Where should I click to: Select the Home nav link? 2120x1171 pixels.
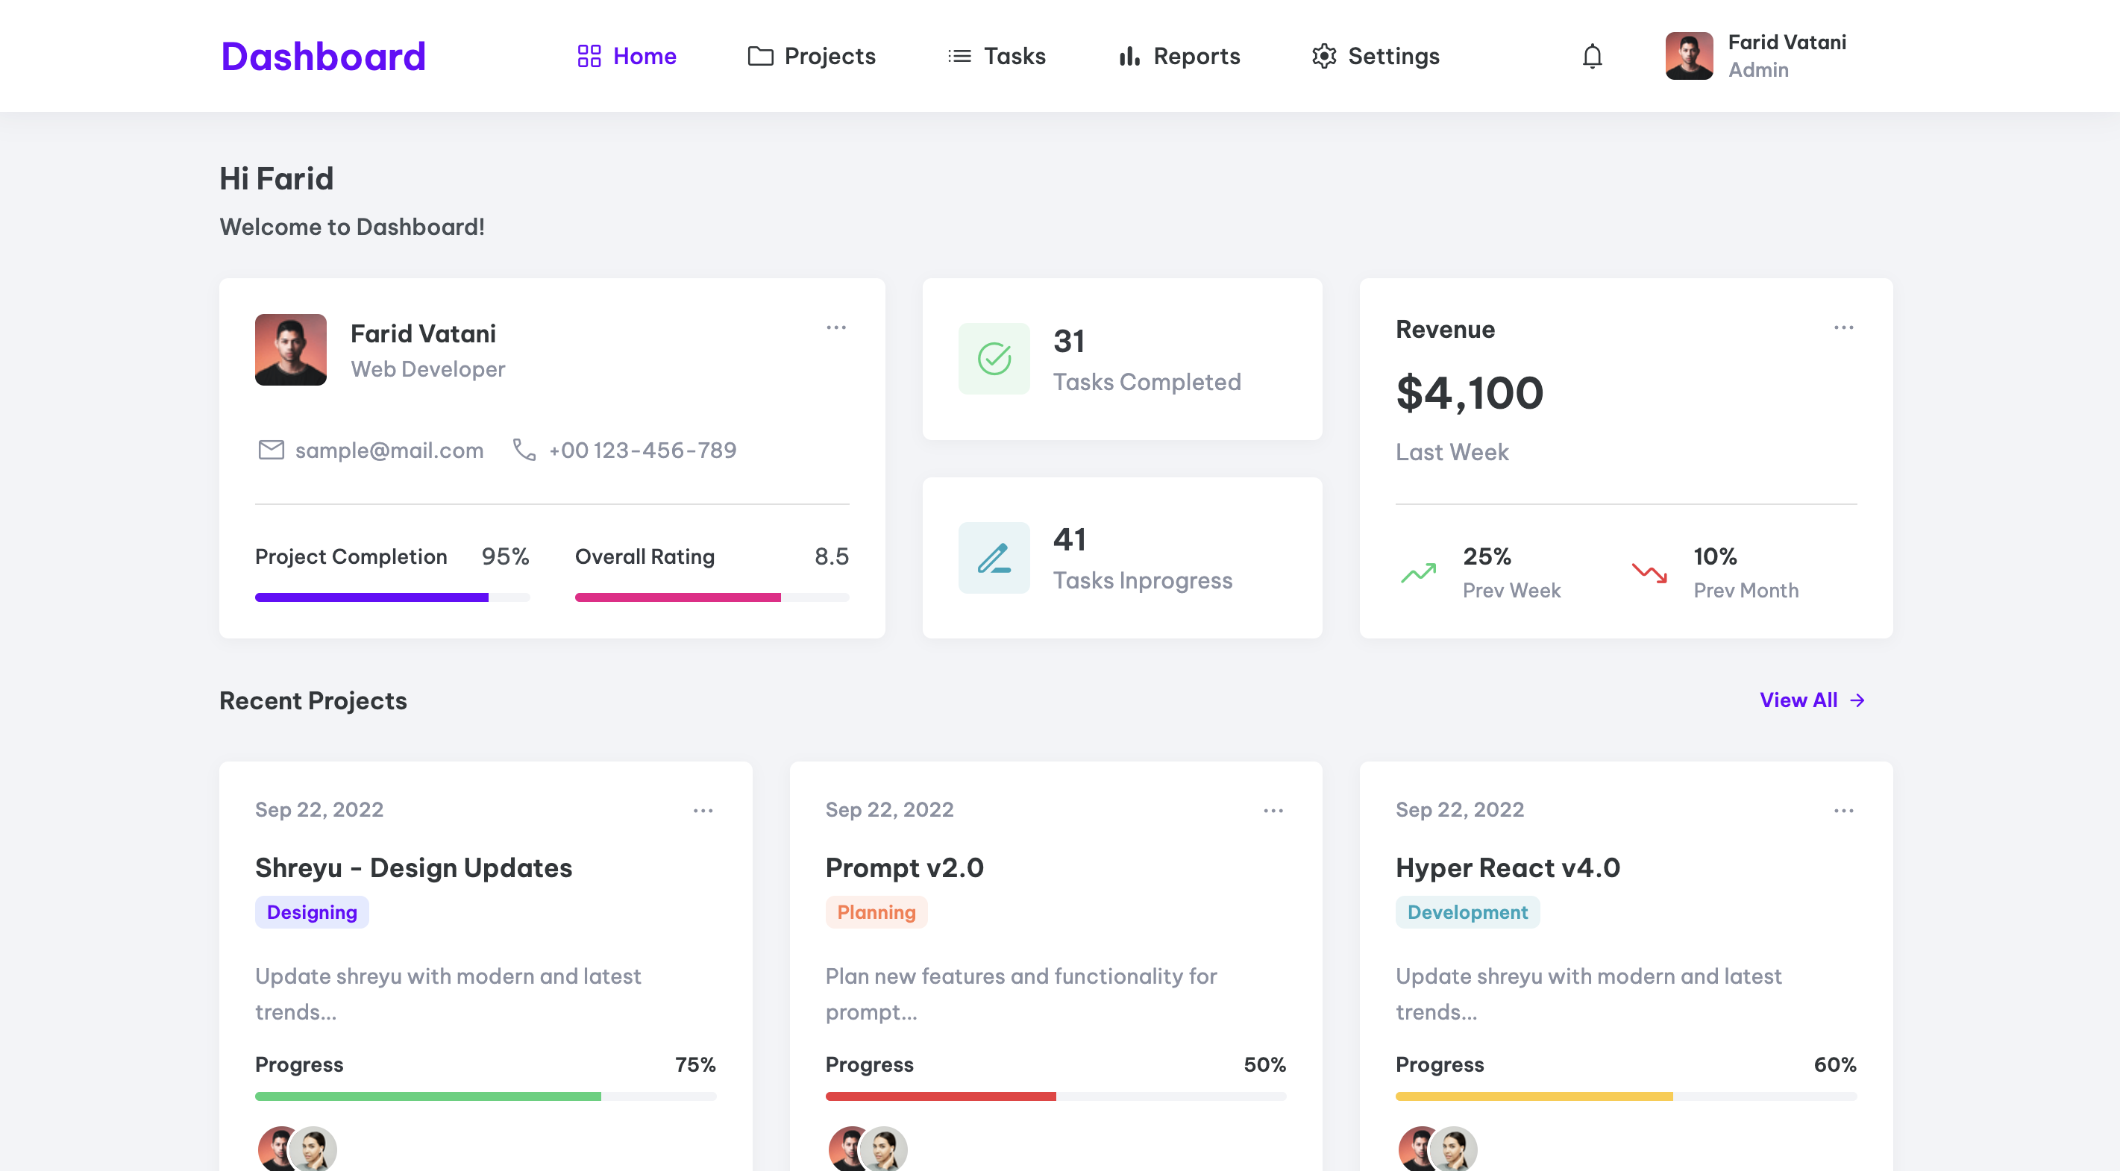click(627, 56)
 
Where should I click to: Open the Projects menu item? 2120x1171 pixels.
click(812, 56)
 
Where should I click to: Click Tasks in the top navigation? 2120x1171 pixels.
click(997, 56)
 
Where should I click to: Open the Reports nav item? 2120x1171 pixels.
click(1179, 56)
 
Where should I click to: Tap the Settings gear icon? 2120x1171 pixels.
click(1324, 56)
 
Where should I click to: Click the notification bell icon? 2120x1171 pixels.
click(1593, 56)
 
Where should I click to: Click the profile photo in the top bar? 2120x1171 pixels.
click(1689, 56)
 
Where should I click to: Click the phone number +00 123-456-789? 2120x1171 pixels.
click(642, 450)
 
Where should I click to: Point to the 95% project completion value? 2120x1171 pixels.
click(505, 556)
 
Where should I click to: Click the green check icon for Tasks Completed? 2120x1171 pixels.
click(994, 359)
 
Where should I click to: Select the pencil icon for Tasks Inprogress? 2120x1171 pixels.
click(994, 558)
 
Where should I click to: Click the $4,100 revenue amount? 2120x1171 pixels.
click(1469, 392)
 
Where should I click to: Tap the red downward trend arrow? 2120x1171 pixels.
click(1649, 573)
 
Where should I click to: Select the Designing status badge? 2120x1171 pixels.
click(312, 911)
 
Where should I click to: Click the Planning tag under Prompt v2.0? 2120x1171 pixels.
click(876, 911)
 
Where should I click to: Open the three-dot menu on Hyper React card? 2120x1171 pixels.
click(1843, 811)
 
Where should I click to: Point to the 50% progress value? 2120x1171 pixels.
click(1264, 1064)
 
